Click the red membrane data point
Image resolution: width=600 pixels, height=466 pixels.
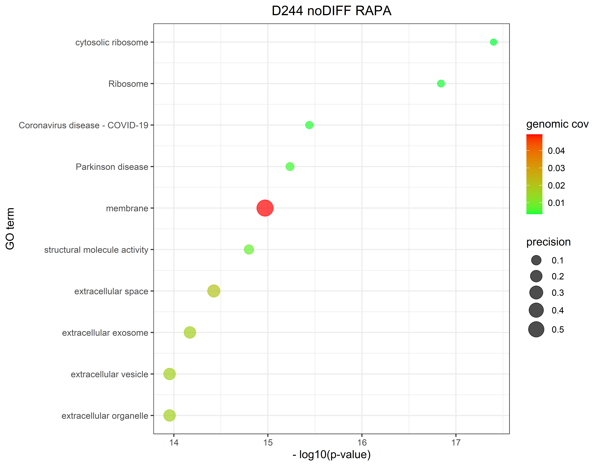point(265,208)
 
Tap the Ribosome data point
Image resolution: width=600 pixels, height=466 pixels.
point(441,84)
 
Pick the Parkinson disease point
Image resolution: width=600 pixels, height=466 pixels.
point(290,166)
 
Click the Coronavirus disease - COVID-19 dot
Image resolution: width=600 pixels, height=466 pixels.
point(309,125)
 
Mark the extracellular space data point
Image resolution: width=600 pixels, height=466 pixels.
point(214,291)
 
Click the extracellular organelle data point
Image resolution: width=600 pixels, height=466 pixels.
point(170,416)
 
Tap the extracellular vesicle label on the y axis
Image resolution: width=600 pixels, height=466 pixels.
point(109,374)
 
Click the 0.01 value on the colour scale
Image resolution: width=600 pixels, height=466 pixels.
point(556,203)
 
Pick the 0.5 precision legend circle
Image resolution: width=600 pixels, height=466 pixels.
point(536,329)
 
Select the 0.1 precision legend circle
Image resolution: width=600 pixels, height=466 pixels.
point(536,260)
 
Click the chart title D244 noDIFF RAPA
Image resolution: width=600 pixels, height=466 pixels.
point(331,11)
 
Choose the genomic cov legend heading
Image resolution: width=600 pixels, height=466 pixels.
point(557,124)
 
